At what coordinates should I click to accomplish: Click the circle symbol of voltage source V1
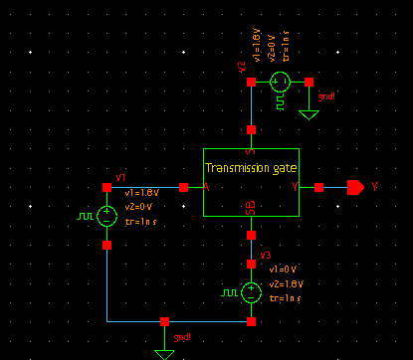click(106, 215)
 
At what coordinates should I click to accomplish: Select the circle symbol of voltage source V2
click(280, 82)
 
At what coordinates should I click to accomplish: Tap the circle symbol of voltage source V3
click(252, 292)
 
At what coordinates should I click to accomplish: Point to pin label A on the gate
click(206, 187)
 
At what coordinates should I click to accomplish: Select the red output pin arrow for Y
click(355, 187)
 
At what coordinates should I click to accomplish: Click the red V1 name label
click(121, 177)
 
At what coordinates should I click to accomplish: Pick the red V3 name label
click(265, 256)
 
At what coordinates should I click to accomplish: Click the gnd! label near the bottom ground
click(183, 338)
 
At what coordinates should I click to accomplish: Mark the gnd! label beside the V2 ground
click(326, 97)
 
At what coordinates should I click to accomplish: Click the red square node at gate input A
click(183, 187)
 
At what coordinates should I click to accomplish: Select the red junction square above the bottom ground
click(164, 322)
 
